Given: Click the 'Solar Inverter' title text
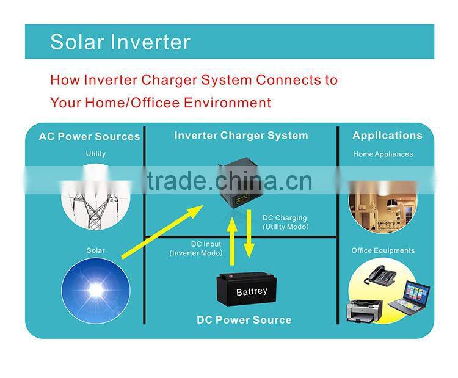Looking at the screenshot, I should [120, 42].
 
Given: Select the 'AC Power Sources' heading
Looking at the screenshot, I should [89, 136].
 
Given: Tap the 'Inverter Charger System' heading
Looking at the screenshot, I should [241, 136].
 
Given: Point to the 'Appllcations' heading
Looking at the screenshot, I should [387, 136].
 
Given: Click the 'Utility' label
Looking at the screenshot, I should [95, 154].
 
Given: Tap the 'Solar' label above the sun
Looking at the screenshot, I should [95, 250].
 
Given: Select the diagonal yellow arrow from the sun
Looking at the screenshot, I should [162, 231].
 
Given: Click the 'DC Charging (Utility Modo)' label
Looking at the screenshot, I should [285, 222].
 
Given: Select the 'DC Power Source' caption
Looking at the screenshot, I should [244, 320].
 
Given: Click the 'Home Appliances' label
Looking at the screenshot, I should [382, 154].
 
